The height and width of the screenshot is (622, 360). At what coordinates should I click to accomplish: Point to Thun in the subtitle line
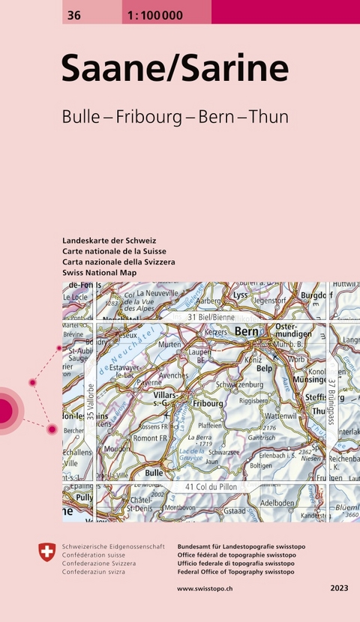click(268, 118)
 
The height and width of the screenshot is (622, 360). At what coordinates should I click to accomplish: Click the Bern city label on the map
click(247, 331)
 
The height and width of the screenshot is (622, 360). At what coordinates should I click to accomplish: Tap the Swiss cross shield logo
click(46, 554)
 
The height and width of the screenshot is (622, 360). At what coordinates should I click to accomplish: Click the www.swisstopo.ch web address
click(205, 588)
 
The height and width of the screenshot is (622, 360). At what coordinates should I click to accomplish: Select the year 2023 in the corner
click(339, 588)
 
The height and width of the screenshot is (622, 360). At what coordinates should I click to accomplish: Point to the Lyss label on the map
click(240, 296)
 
